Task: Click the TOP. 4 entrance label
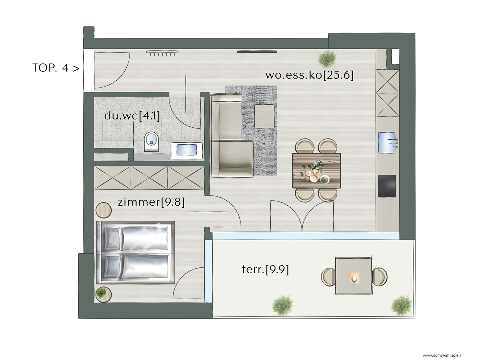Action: pos(56,68)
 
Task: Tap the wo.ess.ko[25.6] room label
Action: pos(309,75)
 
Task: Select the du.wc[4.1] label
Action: pos(132,116)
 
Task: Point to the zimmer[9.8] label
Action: pos(151,202)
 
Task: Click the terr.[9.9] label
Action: pos(265,269)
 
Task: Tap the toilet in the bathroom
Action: pos(151,142)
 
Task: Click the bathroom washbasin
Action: pos(187,150)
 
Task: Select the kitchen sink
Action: pos(387,142)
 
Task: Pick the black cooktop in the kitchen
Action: pos(387,186)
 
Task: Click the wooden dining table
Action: pos(317,170)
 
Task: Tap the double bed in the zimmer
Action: pos(136,252)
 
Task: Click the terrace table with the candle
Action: pos(353,276)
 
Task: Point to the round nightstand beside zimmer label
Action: pos(103,210)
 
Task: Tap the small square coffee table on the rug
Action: pos(264,116)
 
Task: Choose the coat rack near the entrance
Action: pos(162,53)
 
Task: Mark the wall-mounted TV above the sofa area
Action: pos(257,52)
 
